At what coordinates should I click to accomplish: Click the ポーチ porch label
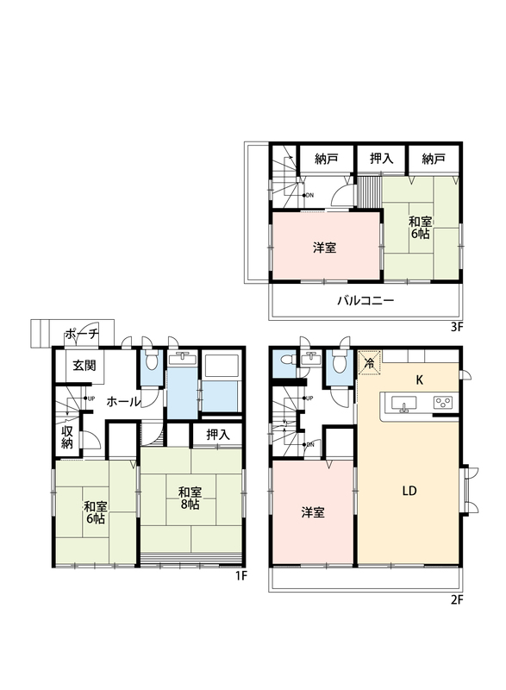click(82, 335)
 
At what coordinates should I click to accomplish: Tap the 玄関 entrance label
click(84, 365)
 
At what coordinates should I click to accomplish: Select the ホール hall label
click(123, 401)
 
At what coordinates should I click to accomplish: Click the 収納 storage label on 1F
click(67, 437)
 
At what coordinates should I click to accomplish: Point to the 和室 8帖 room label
click(190, 499)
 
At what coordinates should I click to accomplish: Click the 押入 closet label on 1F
click(218, 435)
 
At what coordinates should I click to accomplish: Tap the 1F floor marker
click(241, 575)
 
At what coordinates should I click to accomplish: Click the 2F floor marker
click(457, 599)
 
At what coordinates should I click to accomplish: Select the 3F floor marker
click(457, 327)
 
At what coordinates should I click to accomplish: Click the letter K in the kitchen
click(420, 380)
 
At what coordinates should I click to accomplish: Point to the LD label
click(409, 491)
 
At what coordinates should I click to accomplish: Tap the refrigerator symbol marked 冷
click(370, 363)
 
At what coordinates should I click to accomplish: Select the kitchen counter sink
click(403, 404)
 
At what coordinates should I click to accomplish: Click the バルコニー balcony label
click(365, 301)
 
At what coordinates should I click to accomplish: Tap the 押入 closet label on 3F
click(381, 159)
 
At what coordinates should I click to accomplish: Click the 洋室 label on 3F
click(324, 248)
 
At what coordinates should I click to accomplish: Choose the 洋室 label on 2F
click(313, 512)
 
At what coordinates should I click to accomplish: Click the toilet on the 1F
click(152, 361)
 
